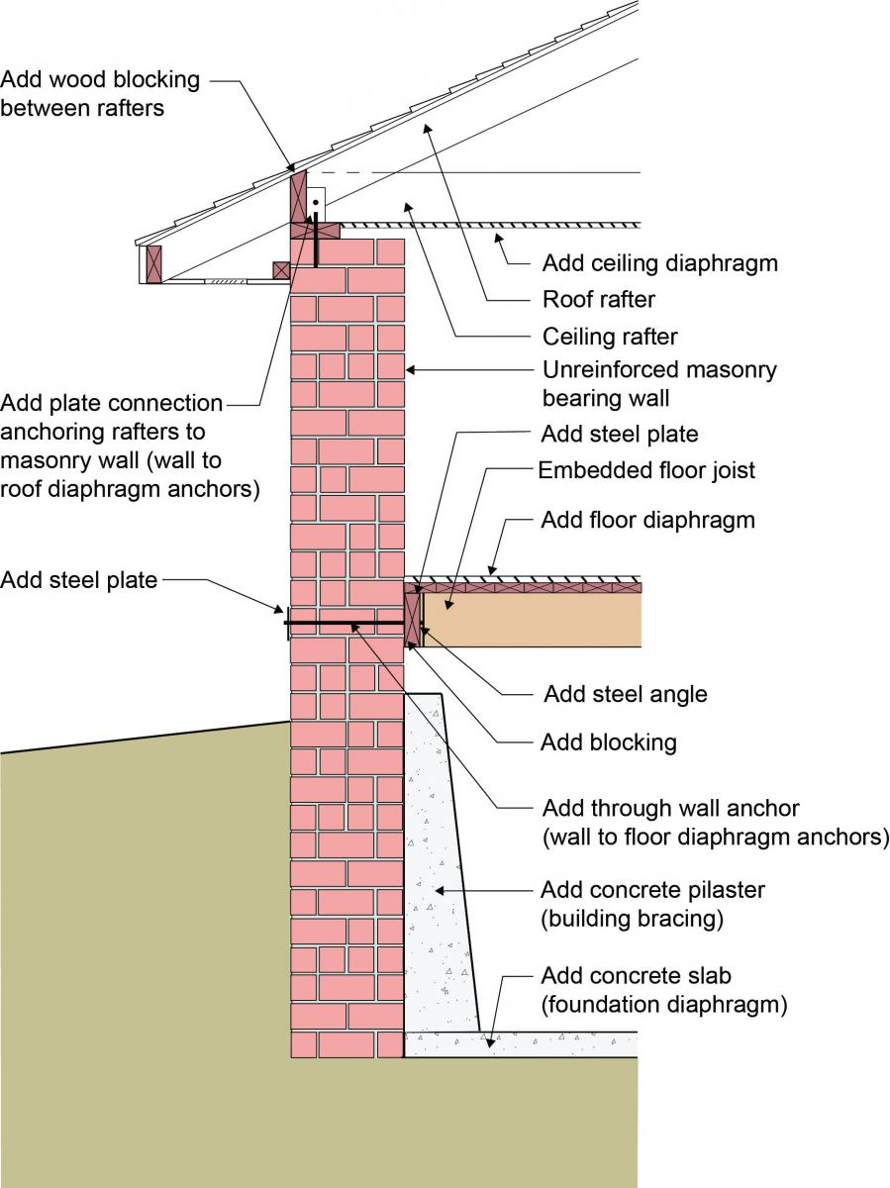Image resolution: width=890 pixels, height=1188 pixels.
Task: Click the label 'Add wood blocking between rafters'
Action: pos(100,93)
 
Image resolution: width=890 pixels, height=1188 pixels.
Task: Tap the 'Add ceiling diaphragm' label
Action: pos(659,263)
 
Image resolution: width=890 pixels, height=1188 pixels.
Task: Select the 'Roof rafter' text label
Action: pos(598,299)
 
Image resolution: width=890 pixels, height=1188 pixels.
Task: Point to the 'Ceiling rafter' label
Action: pos(610,337)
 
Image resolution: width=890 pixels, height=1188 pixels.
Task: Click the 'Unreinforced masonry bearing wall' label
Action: pos(659,384)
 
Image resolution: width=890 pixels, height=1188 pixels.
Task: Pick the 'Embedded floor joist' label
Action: pos(645,470)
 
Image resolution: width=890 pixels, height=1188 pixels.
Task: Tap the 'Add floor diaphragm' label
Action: pos(647,520)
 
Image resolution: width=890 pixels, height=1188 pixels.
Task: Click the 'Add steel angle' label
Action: pos(626,694)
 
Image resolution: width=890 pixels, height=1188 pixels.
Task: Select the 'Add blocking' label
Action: pos(608,742)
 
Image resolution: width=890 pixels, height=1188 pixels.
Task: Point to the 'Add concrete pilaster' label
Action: pos(652,904)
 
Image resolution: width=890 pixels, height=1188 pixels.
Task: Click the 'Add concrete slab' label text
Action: pos(663,990)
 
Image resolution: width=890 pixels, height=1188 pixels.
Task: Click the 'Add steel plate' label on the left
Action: pos(79,580)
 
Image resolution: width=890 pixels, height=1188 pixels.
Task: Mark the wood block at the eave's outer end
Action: pos(152,263)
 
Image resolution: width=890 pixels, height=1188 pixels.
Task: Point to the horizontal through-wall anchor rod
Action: pos(346,624)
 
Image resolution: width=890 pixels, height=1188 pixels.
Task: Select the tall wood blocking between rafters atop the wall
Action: pos(298,197)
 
